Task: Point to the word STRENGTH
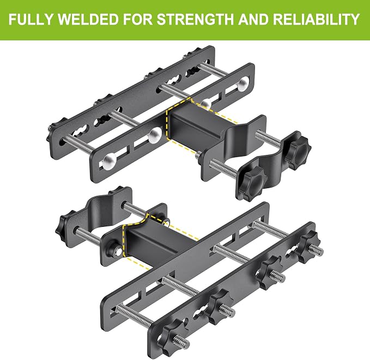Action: [195, 19]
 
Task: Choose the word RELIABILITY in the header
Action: [317, 19]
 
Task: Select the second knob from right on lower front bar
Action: [271, 272]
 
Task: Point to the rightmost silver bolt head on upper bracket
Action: [244, 84]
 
